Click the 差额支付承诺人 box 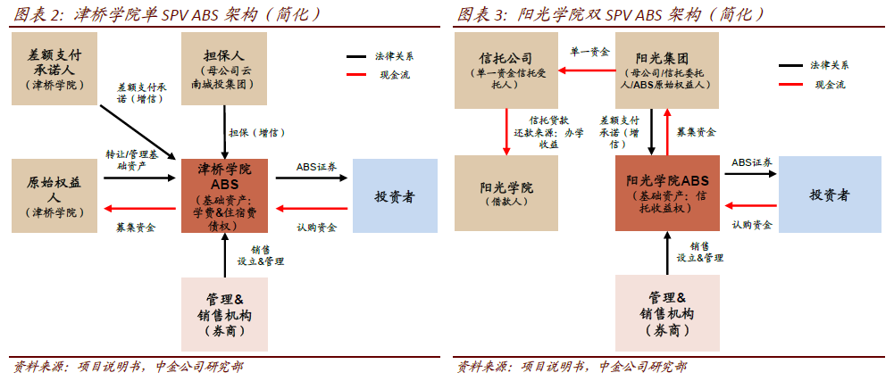coord(54,69)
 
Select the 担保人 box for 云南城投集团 coord(225,69)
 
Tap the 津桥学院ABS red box coord(225,196)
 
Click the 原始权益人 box coord(54,196)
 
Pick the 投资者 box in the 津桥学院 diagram coord(395,196)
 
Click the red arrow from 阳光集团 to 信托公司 coord(588,70)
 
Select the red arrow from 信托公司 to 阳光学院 coord(506,131)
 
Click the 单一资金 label coord(590,53)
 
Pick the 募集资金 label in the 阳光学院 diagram coord(696,131)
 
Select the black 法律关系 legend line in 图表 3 coord(790,65)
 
